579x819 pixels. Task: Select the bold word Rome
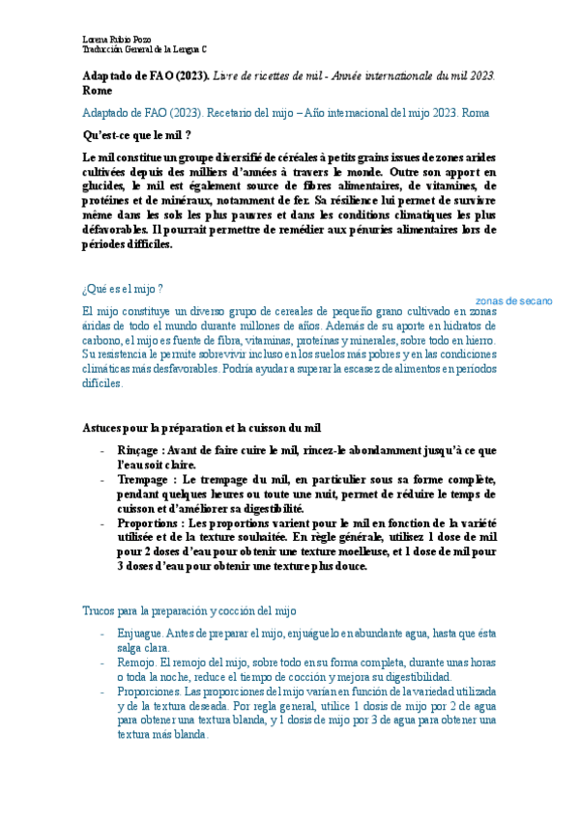pos(98,90)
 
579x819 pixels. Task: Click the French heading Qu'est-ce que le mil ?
pos(136,135)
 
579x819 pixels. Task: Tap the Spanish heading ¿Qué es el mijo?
pos(123,289)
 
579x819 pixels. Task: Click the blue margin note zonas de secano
pos(513,301)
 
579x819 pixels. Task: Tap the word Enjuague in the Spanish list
pos(140,634)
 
